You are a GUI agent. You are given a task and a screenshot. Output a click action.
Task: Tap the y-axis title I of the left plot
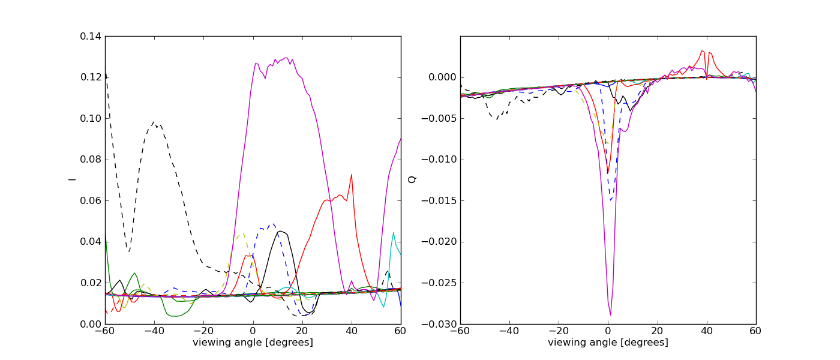72,179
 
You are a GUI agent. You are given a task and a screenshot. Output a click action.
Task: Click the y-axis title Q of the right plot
412,179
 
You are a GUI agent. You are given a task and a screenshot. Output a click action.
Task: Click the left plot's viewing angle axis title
253,343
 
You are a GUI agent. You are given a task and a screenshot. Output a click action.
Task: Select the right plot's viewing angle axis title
608,343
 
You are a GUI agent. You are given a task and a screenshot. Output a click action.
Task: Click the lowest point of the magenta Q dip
610,315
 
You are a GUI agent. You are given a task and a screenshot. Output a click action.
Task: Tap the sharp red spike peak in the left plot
352,175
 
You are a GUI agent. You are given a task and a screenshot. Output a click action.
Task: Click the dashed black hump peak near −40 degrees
154,122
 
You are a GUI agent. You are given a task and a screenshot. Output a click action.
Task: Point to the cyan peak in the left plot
394,233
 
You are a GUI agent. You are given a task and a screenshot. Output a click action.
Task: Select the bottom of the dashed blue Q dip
611,200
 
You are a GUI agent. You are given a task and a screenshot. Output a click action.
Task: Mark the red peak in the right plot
702,51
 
